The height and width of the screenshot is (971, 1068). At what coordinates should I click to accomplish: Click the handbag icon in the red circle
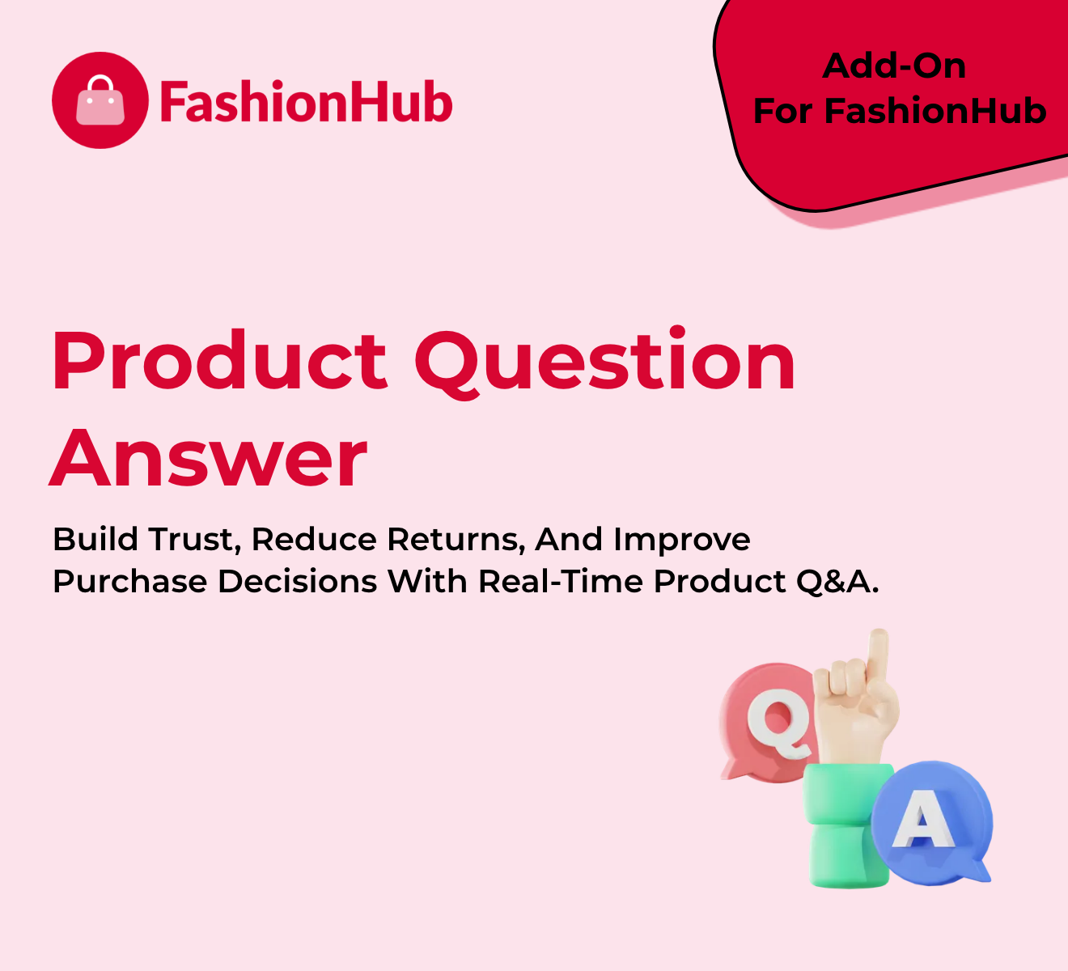point(100,100)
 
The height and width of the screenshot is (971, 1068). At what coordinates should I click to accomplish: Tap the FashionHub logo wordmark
point(306,101)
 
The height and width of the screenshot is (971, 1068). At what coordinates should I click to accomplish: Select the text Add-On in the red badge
point(894,66)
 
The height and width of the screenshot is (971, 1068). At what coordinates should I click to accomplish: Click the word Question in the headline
point(605,363)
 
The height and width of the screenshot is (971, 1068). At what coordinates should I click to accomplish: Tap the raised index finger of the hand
point(877,655)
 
